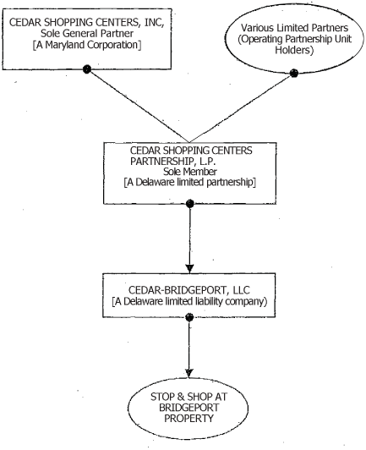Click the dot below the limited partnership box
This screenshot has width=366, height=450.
point(190,203)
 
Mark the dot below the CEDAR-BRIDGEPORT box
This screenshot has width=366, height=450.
point(190,317)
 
